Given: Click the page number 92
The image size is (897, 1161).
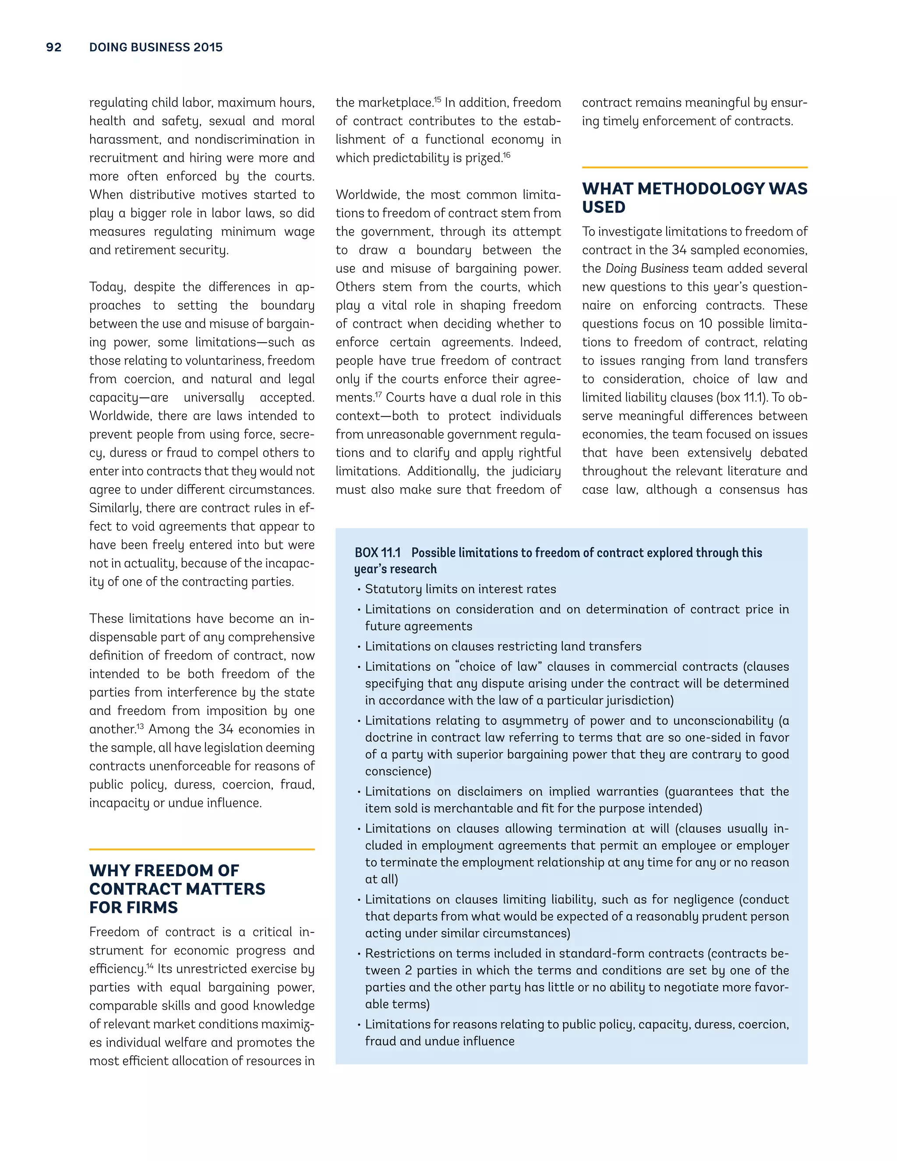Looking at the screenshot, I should pyautogui.click(x=54, y=47).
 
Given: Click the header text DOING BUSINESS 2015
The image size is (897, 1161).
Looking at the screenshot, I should pyautogui.click(x=155, y=47).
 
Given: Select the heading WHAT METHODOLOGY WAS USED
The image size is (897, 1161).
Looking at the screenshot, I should pyautogui.click(x=694, y=197).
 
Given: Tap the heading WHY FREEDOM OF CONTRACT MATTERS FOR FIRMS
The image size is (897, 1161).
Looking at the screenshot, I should pyautogui.click(x=177, y=889).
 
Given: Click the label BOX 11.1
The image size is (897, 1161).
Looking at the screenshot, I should pyautogui.click(x=377, y=553).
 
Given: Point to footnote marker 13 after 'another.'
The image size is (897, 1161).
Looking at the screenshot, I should pyautogui.click(x=140, y=726).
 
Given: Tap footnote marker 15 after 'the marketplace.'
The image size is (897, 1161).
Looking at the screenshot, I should pyautogui.click(x=438, y=99).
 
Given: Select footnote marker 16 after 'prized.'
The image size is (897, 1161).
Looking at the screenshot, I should pyautogui.click(x=506, y=155).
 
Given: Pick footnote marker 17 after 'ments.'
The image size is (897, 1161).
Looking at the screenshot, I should pyautogui.click(x=378, y=394).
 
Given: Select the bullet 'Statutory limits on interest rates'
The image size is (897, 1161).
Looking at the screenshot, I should pyautogui.click(x=460, y=589).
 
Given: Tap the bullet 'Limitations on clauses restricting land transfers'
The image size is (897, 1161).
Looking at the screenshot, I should pyautogui.click(x=503, y=646).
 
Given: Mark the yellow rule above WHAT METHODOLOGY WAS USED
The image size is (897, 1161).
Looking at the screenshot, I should pyautogui.click(x=694, y=167).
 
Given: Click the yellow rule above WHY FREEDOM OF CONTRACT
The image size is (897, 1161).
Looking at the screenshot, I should pyautogui.click(x=201, y=850).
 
